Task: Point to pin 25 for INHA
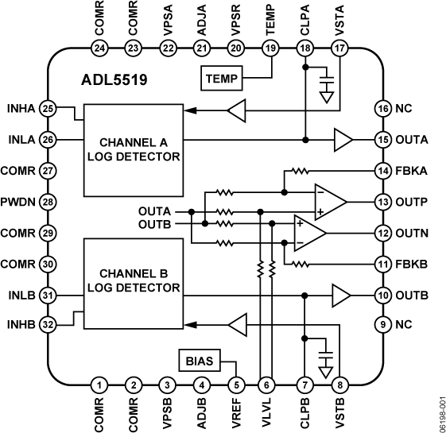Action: [48, 107]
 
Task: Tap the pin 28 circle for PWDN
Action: [48, 201]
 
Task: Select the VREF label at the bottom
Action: [235, 412]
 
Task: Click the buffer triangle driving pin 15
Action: [343, 140]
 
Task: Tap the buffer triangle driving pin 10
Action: [343, 295]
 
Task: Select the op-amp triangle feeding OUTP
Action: [327, 201]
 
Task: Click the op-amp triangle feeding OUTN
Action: [309, 232]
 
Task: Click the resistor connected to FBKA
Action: [300, 171]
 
